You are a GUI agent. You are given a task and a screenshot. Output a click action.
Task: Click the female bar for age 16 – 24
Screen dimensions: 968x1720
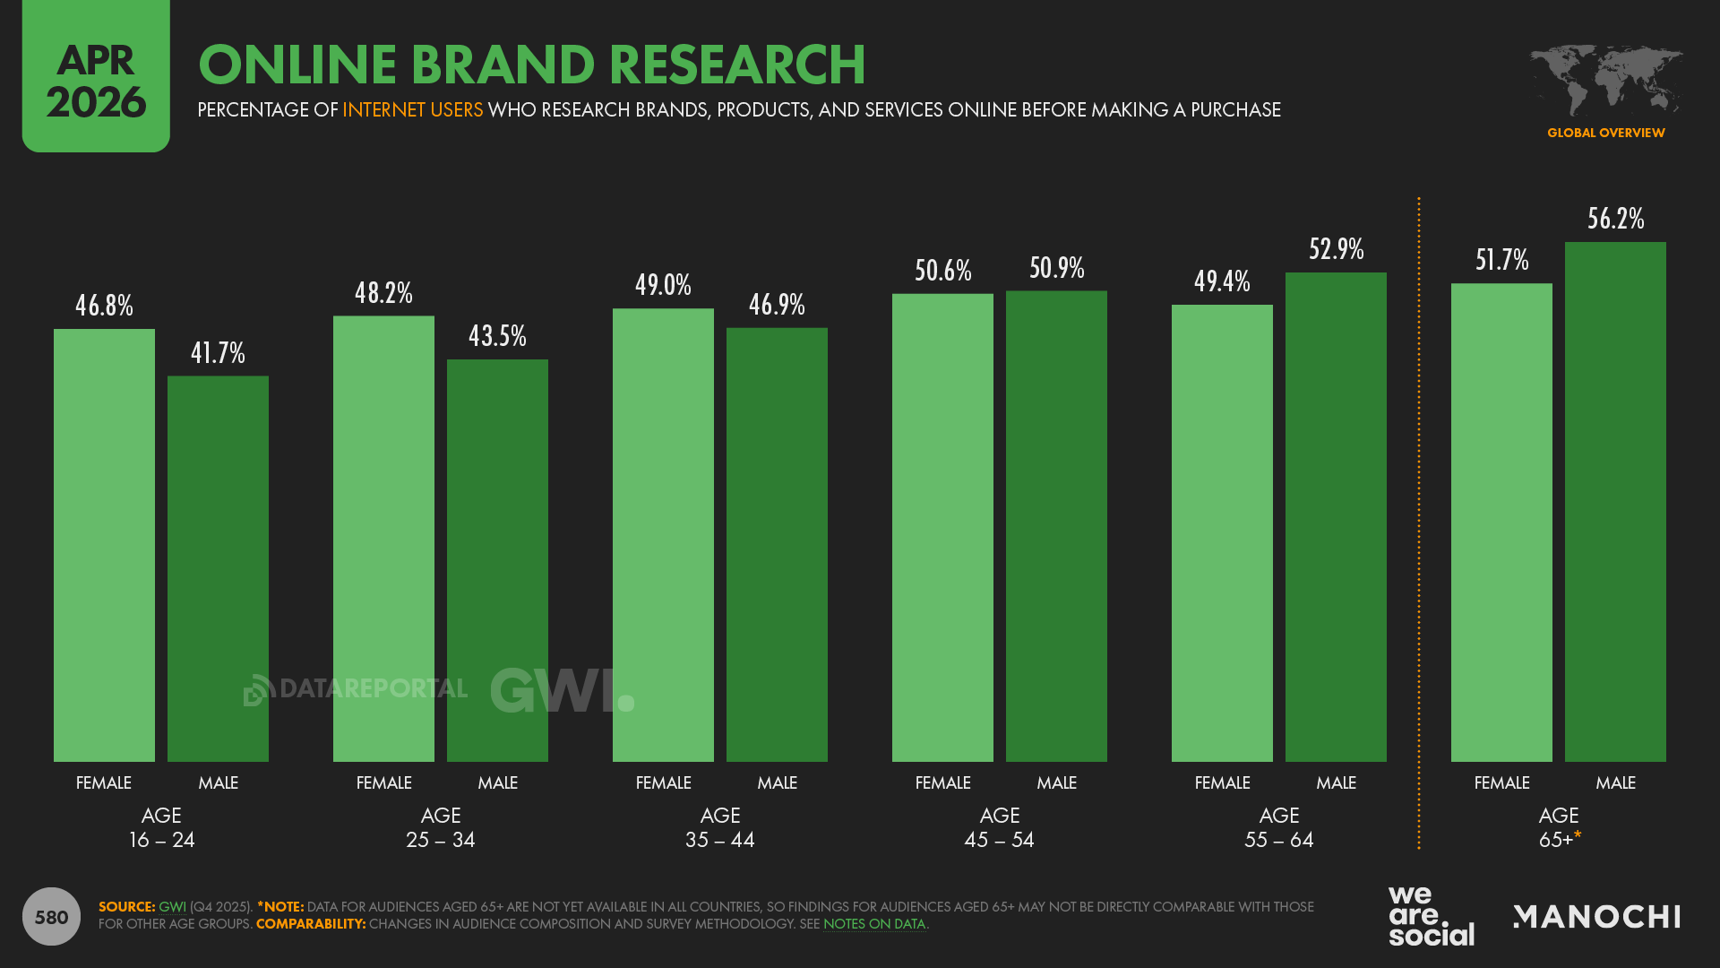(x=104, y=545)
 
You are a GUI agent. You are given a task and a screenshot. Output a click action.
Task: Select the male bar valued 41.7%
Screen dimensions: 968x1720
(x=218, y=568)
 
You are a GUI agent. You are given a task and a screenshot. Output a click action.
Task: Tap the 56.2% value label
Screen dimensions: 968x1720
(x=1615, y=219)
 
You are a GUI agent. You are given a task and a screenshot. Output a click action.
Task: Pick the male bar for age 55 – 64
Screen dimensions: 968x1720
(x=1336, y=517)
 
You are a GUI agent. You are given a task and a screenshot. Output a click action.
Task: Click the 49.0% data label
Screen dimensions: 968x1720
(x=663, y=285)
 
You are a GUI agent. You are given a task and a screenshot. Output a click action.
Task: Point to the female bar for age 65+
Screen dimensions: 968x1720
(x=1501, y=523)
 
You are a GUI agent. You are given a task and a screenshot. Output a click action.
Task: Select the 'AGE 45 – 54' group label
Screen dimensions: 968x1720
(x=999, y=827)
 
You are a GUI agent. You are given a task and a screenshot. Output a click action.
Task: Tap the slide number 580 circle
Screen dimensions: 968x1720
(x=51, y=916)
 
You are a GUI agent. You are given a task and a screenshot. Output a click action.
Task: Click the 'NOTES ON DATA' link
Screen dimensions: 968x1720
(x=873, y=924)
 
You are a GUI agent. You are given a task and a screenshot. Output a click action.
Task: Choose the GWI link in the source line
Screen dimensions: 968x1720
(x=172, y=907)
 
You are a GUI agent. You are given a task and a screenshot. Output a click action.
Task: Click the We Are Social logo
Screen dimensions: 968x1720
(x=1431, y=916)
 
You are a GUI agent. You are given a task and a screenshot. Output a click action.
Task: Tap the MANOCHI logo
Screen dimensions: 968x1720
(x=1596, y=916)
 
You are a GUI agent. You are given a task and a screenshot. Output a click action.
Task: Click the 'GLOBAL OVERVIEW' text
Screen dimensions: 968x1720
(x=1605, y=133)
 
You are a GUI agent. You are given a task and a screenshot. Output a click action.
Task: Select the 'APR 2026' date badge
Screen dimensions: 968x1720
(x=96, y=79)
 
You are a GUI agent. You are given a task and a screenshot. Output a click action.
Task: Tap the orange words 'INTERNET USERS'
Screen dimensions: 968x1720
(x=412, y=110)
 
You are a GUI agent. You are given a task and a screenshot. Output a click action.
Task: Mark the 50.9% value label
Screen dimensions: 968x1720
(x=1056, y=268)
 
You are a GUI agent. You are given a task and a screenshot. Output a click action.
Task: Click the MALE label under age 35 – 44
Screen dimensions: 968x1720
(x=777, y=782)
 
